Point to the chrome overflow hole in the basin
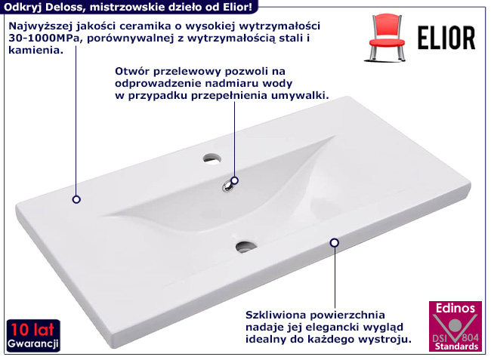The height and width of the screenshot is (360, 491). pyautogui.click(x=229, y=186)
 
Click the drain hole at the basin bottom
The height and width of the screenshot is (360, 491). pyautogui.click(x=246, y=245)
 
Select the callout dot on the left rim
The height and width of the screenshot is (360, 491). pyautogui.click(x=76, y=199)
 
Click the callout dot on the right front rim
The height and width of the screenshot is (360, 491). pyautogui.click(x=334, y=242)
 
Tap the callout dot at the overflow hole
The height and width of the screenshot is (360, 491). pyautogui.click(x=235, y=180)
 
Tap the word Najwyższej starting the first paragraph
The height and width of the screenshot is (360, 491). pyautogui.click(x=39, y=25)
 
